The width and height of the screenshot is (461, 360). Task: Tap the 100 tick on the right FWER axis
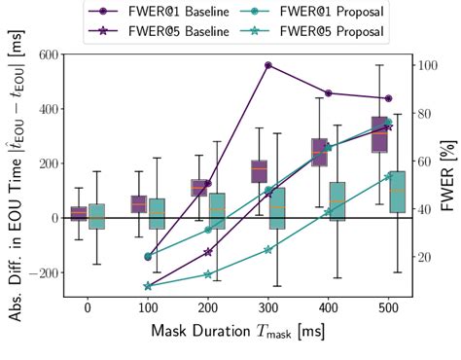(427, 65)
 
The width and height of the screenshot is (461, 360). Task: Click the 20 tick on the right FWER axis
(424, 257)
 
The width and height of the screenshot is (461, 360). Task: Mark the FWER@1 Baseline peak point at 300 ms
(267, 65)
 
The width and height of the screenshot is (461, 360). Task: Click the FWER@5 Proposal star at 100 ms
(148, 286)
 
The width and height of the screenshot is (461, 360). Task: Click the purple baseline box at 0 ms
(79, 214)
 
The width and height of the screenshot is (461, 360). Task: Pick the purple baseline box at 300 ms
(259, 171)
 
